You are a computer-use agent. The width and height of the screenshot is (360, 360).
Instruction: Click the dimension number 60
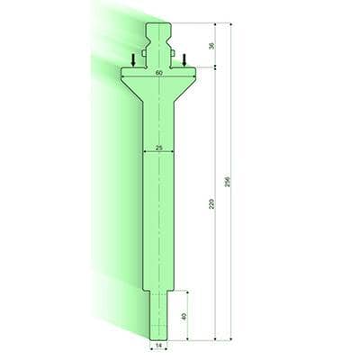click(158, 71)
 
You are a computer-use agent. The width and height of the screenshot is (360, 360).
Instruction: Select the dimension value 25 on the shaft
click(158, 146)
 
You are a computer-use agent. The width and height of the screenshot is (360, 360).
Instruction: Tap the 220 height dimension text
click(211, 205)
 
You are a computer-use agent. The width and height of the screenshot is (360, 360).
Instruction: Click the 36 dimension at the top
click(211, 47)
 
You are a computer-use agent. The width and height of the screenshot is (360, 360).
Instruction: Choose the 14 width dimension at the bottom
click(158, 345)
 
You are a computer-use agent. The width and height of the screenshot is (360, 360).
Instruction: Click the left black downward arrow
click(133, 59)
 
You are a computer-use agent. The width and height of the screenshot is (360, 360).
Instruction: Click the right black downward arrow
click(184, 59)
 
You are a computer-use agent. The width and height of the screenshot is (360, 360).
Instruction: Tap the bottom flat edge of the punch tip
click(158, 337)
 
